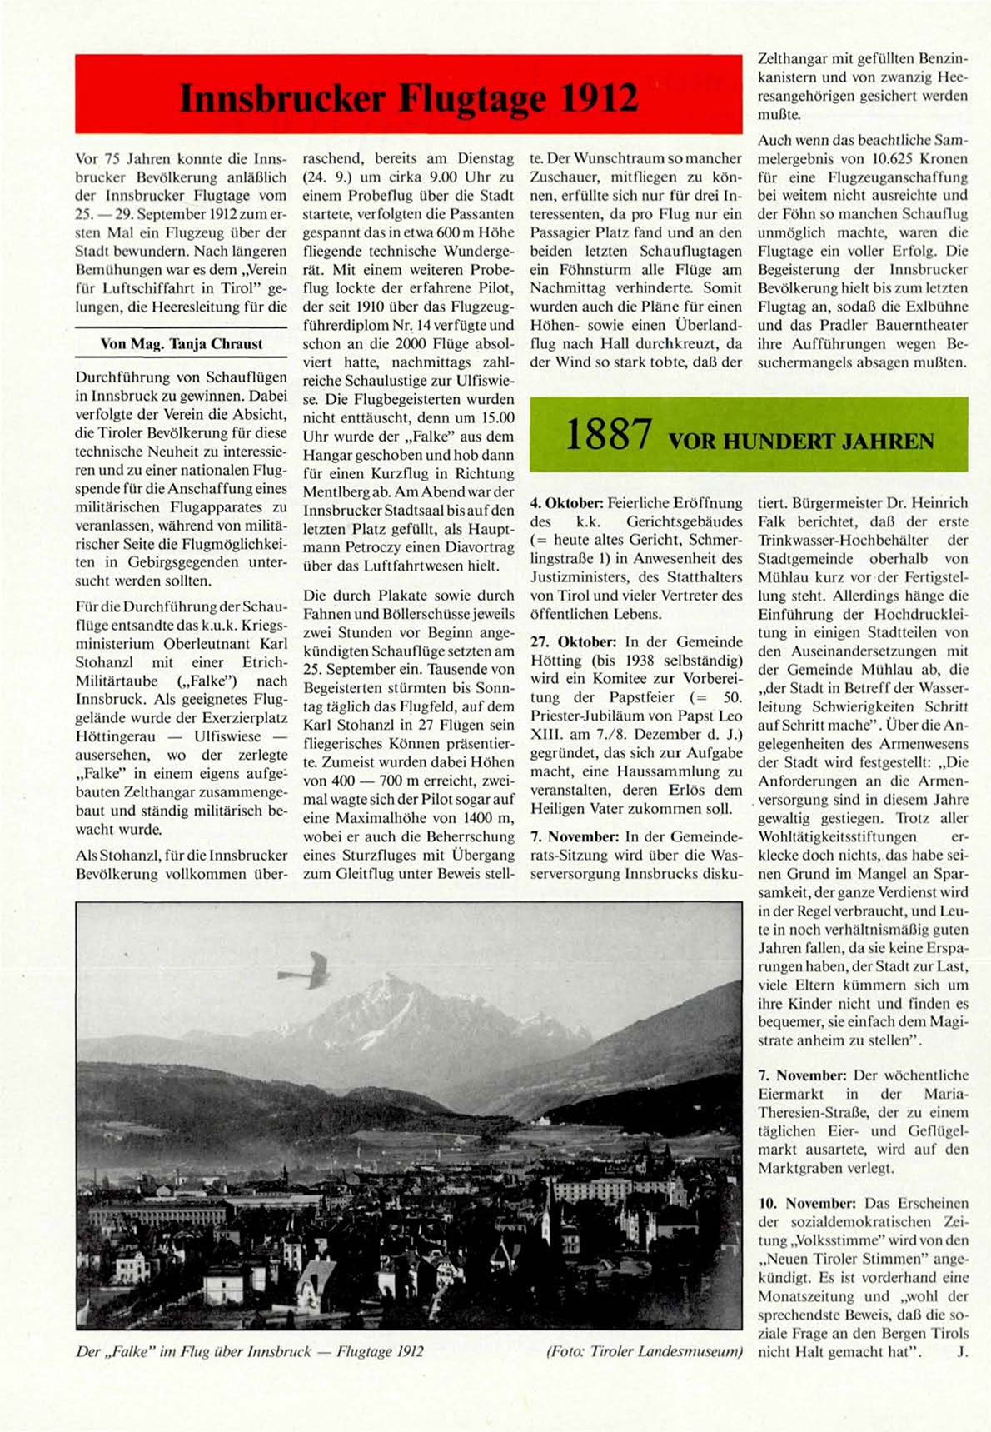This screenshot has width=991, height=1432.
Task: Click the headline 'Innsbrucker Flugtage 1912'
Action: coord(409,98)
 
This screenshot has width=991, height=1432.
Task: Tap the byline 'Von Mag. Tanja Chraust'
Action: coord(181,343)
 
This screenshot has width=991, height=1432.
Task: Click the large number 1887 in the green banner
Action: coord(608,435)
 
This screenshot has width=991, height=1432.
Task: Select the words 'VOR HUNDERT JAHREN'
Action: coord(801,441)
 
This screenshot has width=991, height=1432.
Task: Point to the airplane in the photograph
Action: coord(307,970)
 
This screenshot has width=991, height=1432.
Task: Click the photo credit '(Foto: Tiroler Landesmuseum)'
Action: coord(644,1351)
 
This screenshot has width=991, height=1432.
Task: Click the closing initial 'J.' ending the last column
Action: coord(962,1351)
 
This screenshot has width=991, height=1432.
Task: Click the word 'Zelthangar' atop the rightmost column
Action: coord(791,59)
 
